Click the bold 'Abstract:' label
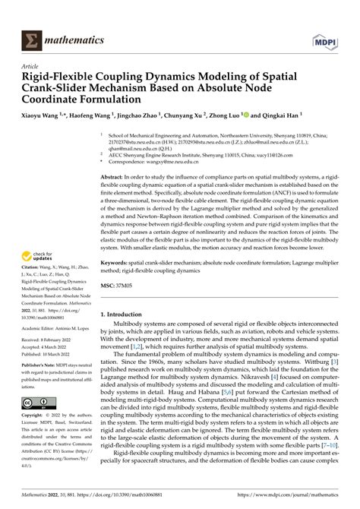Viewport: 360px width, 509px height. pyautogui.click(x=116, y=175)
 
